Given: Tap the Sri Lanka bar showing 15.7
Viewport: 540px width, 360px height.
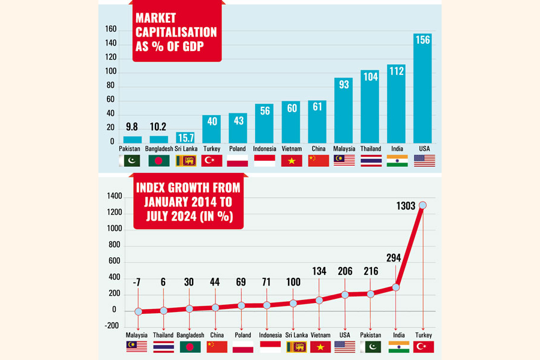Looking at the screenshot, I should (x=185, y=137).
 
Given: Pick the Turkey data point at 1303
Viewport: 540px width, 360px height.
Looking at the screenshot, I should (x=424, y=205).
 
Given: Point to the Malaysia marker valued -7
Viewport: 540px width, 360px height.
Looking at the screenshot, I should (x=139, y=311).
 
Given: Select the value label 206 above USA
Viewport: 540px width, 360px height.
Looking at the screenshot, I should (x=345, y=271).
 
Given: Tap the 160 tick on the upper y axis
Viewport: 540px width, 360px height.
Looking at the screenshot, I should (x=109, y=29).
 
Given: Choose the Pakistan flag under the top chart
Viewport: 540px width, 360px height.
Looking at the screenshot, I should (x=130, y=161).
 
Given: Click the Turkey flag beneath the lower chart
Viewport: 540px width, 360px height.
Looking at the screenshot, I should (x=424, y=347).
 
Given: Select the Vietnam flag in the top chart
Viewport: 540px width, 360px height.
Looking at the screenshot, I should (x=292, y=161).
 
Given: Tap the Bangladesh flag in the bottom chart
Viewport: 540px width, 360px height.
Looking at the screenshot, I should (x=190, y=347).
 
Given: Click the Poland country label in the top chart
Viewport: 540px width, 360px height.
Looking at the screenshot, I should (x=238, y=149).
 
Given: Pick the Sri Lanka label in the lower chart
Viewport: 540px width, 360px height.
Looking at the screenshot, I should (x=293, y=335).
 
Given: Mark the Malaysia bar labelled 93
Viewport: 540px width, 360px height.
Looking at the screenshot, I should (x=344, y=110).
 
